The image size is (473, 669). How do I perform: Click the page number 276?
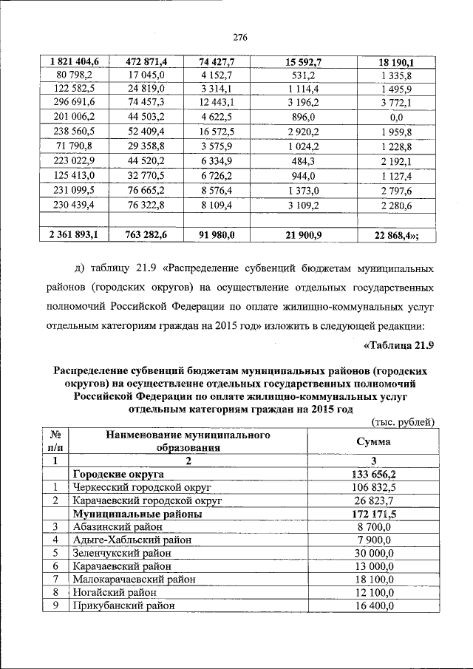click(239, 38)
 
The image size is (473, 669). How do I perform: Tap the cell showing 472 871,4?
click(145, 61)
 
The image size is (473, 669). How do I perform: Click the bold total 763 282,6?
click(145, 234)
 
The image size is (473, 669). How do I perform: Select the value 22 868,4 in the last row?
click(393, 234)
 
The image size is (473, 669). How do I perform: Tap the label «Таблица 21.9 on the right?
click(398, 344)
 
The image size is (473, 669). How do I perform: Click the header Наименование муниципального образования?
click(177, 441)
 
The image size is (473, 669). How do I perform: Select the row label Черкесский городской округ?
click(143, 487)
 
